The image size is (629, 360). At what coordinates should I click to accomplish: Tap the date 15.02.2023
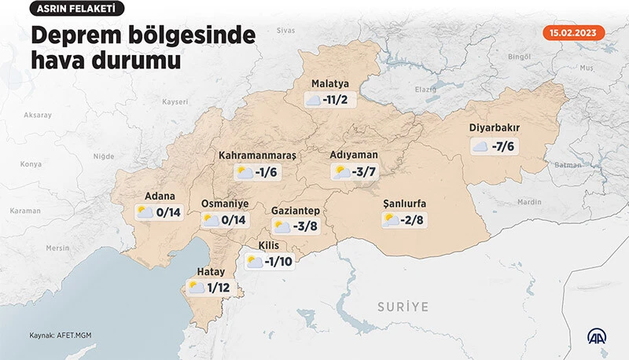pyautogui.click(x=574, y=33)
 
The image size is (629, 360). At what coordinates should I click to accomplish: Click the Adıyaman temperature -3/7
pyautogui.click(x=366, y=172)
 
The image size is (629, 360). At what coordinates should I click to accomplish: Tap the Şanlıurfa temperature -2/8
pyautogui.click(x=413, y=220)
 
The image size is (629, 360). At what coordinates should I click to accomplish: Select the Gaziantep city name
pyautogui.click(x=296, y=211)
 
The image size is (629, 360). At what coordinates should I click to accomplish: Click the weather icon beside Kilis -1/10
pyautogui.click(x=254, y=262)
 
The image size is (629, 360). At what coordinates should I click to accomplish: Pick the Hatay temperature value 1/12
pyautogui.click(x=220, y=288)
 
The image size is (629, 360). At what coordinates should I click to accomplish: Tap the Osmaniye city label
pyautogui.click(x=226, y=203)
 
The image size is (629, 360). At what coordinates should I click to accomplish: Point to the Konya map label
pyautogui.click(x=30, y=163)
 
